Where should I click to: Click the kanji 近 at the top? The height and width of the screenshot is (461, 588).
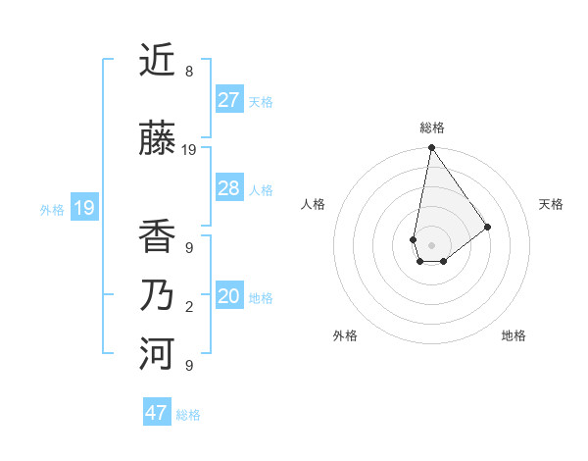[157, 61]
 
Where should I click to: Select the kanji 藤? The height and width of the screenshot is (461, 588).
[157, 139]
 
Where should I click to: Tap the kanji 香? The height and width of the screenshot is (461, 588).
[157, 236]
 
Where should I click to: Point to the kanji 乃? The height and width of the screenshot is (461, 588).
[157, 295]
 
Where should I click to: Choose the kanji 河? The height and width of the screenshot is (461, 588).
[157, 354]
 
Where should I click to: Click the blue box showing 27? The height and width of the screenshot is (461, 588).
[229, 100]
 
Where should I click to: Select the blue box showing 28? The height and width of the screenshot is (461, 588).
[229, 188]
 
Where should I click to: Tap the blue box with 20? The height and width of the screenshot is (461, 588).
[229, 296]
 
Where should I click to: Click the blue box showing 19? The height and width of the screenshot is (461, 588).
[83, 208]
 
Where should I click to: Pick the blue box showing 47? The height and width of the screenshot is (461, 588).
[157, 413]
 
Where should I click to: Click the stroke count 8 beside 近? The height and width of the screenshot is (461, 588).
[189, 72]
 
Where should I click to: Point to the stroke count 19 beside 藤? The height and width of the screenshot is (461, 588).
[189, 150]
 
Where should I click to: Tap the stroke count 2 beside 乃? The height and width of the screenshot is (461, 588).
[189, 307]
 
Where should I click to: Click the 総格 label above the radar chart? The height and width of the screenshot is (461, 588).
[431, 128]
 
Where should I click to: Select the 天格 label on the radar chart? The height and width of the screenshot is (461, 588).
[551, 204]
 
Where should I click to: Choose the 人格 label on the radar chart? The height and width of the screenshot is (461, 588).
[314, 204]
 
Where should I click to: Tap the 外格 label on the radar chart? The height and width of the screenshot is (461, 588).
[345, 335]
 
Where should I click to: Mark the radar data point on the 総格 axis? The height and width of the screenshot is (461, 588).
[431, 149]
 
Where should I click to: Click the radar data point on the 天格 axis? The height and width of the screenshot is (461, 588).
[487, 227]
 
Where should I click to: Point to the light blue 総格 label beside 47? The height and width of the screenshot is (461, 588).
[188, 415]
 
